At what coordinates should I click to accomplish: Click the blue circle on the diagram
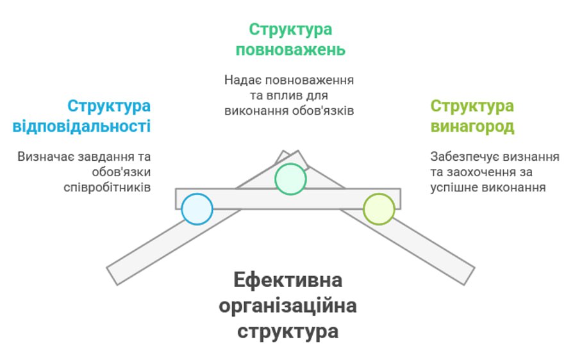tap(197, 209)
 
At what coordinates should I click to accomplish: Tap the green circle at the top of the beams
tap(290, 179)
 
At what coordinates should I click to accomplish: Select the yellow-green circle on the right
tap(379, 209)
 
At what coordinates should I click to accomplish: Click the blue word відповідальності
tap(81, 126)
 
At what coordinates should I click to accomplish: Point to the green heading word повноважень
tap(290, 50)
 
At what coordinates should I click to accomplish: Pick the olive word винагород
tap(472, 126)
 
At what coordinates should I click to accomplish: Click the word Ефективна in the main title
tap(288, 281)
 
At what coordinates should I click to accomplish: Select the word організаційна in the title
tap(288, 306)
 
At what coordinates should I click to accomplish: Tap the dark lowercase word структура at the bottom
tap(288, 332)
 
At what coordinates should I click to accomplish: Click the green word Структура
tap(290, 29)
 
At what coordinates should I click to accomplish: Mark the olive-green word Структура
tap(472, 106)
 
